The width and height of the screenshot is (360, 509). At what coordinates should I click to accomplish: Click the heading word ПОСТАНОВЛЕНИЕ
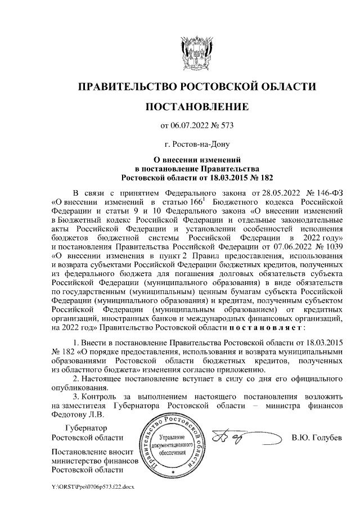point(196,106)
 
